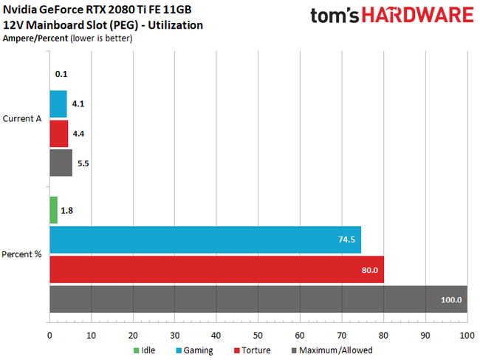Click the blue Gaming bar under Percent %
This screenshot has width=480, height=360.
pos(205,240)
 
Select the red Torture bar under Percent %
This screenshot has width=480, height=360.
pos(216,270)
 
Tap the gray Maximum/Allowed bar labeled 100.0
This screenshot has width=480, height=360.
pos(258,299)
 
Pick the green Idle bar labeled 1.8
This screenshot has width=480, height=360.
pos(53,210)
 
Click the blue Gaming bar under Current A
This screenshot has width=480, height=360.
pos(58,104)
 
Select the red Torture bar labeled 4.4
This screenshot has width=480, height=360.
pos(59,134)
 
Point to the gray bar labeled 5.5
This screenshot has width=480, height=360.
pos(61,163)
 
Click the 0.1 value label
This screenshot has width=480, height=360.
pos(62,74)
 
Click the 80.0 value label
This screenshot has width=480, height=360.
pos(369,270)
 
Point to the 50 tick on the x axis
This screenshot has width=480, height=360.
pos(258,334)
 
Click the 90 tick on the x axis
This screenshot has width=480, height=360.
pos(425,334)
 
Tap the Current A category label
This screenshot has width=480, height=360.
pos(22,119)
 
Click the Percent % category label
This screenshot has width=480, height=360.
pos(22,254)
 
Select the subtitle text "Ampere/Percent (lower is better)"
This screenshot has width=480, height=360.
pos(68,39)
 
